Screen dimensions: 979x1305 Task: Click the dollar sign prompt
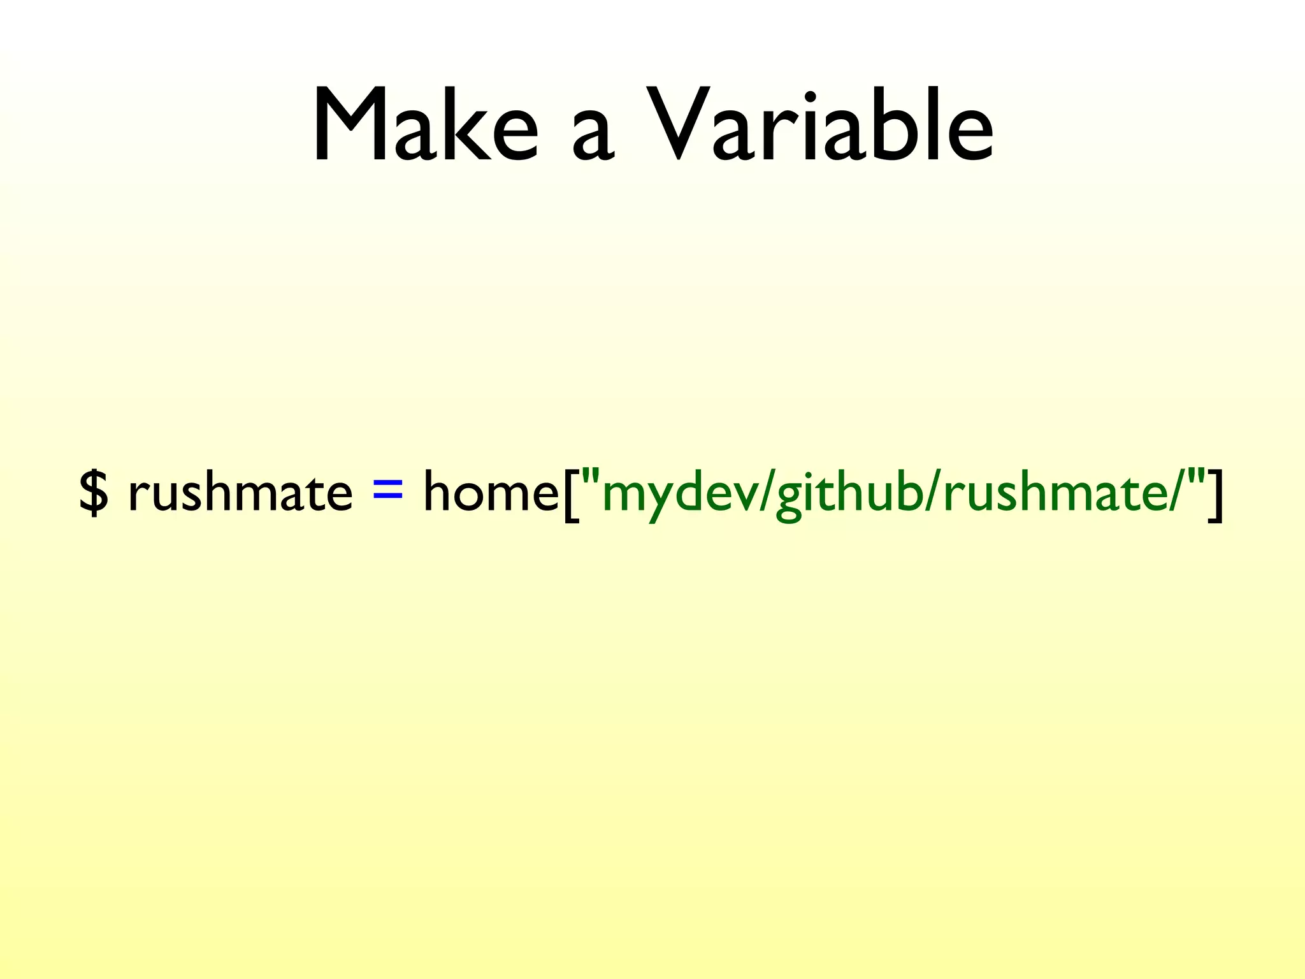coord(94,492)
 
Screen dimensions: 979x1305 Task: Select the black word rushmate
coord(240,492)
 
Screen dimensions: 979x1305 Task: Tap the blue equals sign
coord(388,489)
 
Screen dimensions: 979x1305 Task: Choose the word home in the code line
coord(491,492)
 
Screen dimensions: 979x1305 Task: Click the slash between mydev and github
coord(767,493)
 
